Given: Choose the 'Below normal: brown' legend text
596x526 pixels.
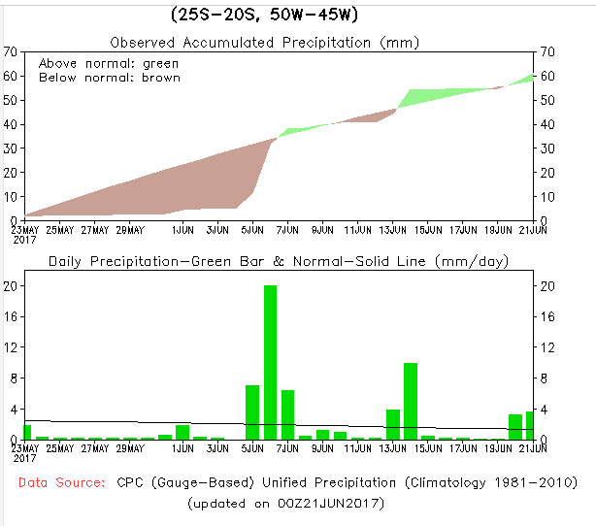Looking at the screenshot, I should (x=109, y=78).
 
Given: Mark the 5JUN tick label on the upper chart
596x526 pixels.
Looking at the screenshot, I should (x=252, y=230).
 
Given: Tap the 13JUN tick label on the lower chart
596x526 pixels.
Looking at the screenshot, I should (x=393, y=448).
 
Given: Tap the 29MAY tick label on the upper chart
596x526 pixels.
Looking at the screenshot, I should (x=131, y=230).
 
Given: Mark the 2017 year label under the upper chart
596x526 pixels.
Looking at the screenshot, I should (x=23, y=240).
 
